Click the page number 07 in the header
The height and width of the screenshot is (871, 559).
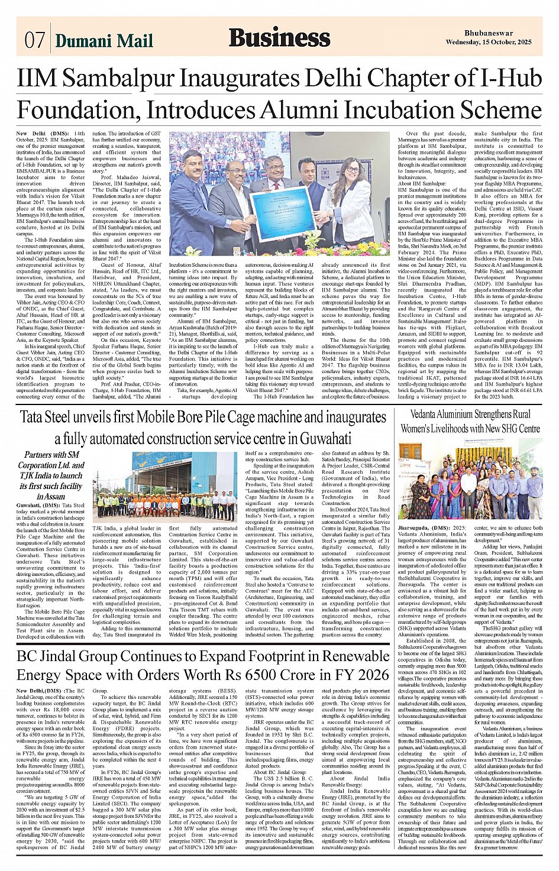[x=34, y=40]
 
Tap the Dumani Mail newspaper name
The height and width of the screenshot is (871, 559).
[x=104, y=40]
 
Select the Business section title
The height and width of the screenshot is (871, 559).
[x=279, y=38]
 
